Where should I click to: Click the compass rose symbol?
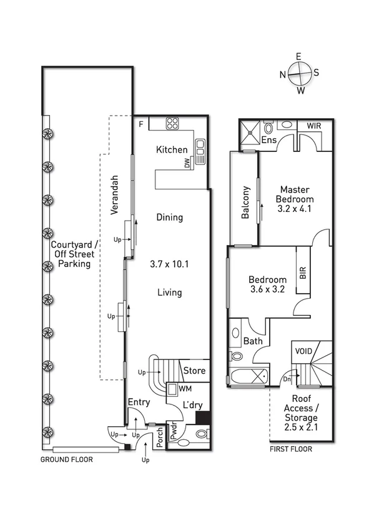click(x=300, y=72)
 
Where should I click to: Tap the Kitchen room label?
click(x=171, y=149)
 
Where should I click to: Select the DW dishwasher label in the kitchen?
click(x=186, y=162)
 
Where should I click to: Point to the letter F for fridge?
click(x=142, y=124)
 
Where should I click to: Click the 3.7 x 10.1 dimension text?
click(x=170, y=264)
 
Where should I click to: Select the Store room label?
click(x=194, y=371)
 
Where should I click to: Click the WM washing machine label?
click(x=185, y=389)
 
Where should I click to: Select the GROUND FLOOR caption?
click(x=66, y=459)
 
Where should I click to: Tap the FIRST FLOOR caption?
click(x=291, y=449)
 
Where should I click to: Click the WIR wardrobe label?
click(x=313, y=126)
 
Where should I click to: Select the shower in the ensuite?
click(x=252, y=131)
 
